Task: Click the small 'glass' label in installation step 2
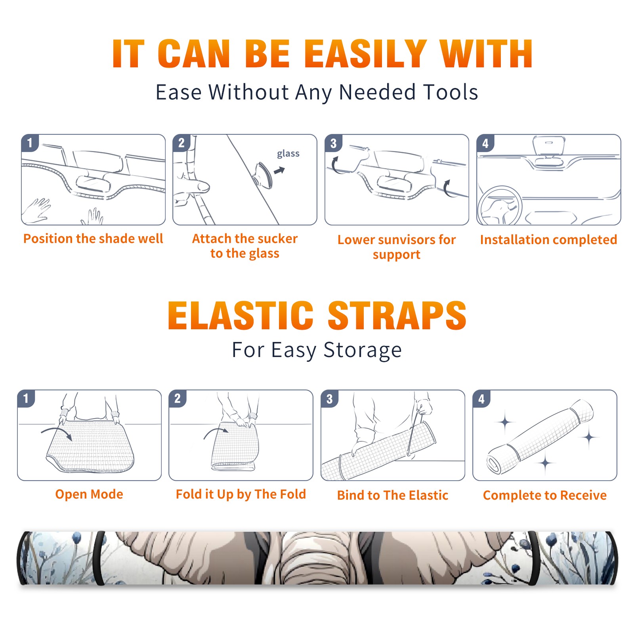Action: (x=288, y=154)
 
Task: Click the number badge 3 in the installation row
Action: (x=333, y=143)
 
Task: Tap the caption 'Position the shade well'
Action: (x=93, y=239)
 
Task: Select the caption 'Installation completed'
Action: (x=548, y=240)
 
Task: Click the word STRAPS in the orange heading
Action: (x=397, y=315)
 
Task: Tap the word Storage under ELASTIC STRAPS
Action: (x=363, y=350)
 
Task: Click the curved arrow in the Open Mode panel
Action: (x=57, y=432)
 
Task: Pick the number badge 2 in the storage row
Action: (x=178, y=399)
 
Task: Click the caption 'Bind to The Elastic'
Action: (x=392, y=495)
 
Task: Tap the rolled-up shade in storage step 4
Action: (x=540, y=437)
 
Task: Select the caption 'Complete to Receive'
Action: (x=545, y=495)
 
